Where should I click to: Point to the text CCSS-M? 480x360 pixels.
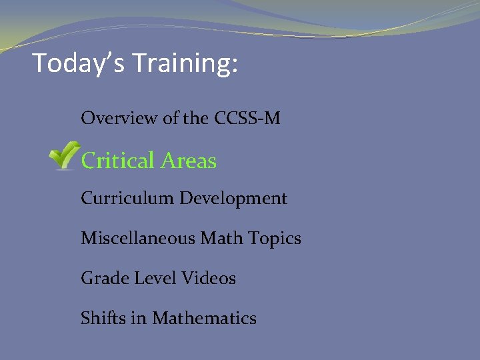pos(247,119)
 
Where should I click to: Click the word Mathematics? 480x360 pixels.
pos(204,318)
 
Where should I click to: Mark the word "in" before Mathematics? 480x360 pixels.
pos(140,318)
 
